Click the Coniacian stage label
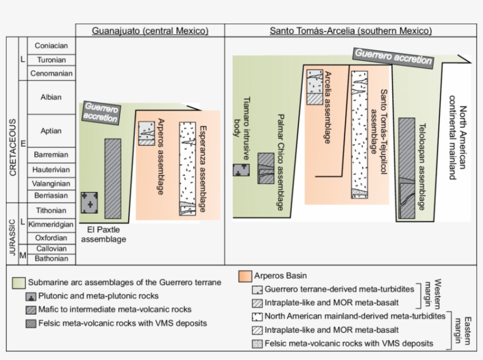pyautogui.click(x=52, y=46)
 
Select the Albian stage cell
pyautogui.click(x=52, y=98)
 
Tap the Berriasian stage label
pyautogui.click(x=52, y=196)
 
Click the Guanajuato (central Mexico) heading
pyautogui.click(x=150, y=31)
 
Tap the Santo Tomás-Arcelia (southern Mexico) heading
pyautogui.click(x=351, y=31)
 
